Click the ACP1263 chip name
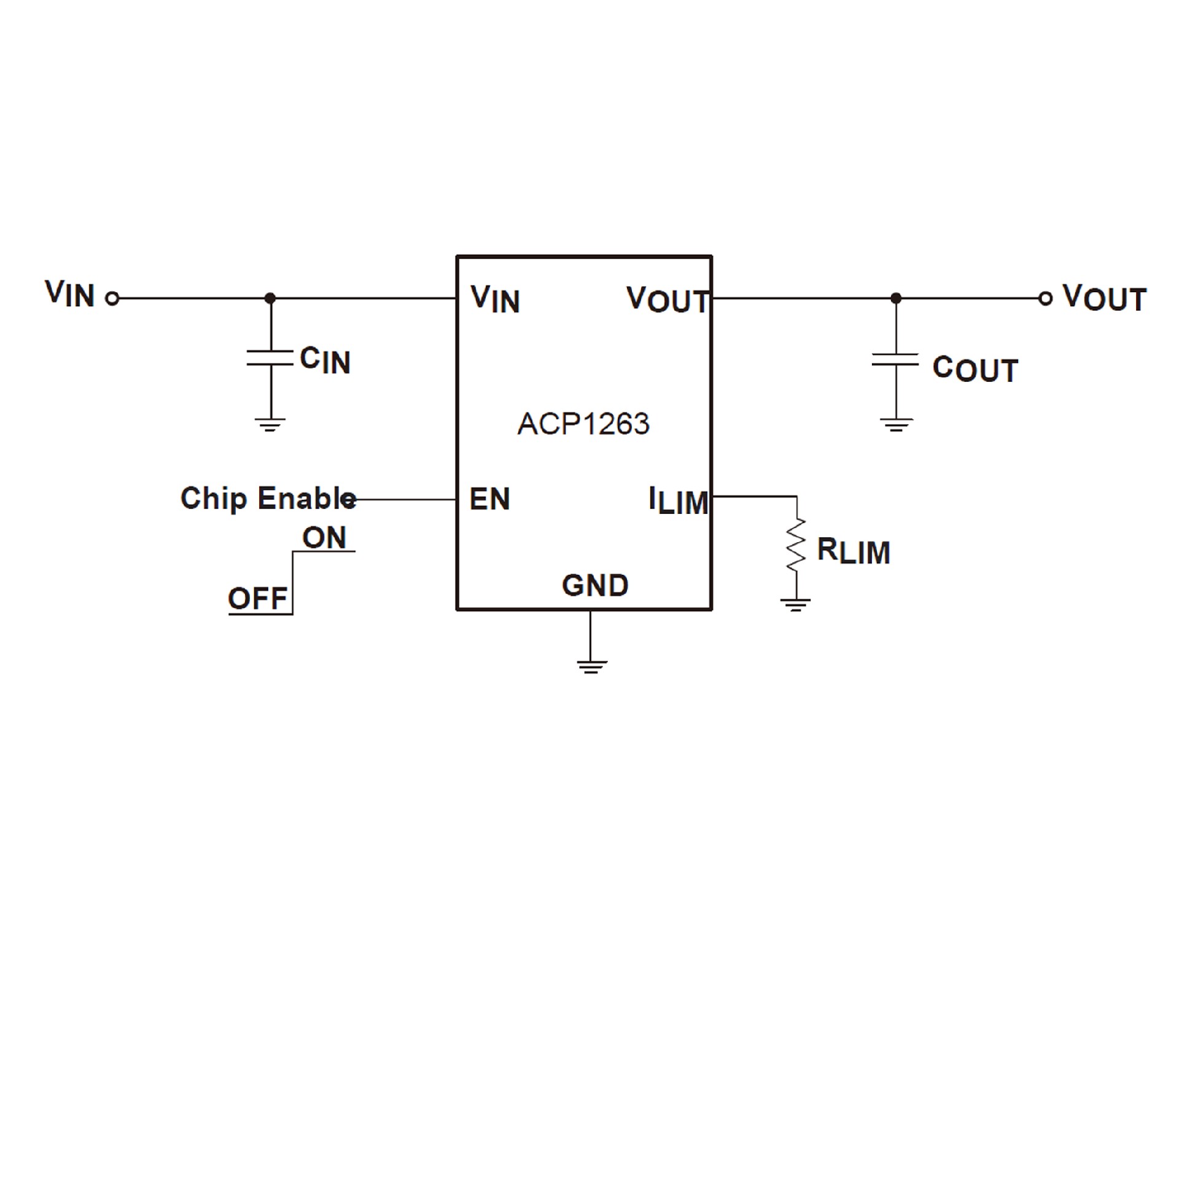583,424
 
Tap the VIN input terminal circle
112,298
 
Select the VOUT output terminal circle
1045,298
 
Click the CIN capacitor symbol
270,358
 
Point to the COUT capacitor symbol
895,359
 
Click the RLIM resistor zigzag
796,545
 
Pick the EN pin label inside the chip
489,499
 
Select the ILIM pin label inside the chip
679,500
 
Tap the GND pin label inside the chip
595,586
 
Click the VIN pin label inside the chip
495,300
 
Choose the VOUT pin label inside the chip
667,300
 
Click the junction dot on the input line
270,298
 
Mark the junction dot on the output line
896,298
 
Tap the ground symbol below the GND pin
592,667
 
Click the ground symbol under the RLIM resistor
796,605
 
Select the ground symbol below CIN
270,425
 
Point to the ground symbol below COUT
896,425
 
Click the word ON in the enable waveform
324,538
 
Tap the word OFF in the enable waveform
258,599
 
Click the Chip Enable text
268,499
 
